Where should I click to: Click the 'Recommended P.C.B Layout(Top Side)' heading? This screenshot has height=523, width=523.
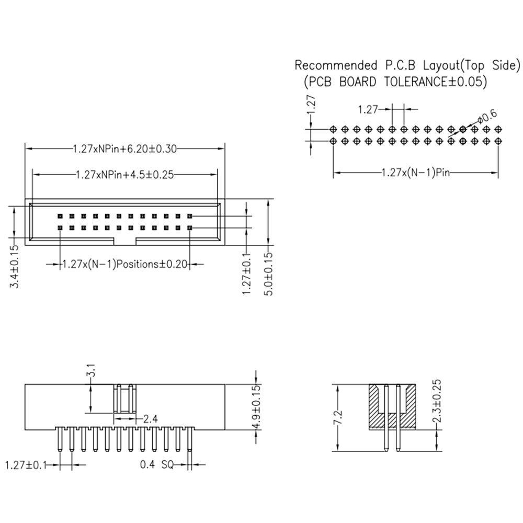[407, 66]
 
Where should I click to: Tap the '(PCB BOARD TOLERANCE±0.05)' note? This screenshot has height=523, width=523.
[395, 82]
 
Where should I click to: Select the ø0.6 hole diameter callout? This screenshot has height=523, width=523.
[486, 116]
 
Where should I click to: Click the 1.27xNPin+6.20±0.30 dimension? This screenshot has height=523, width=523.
[124, 149]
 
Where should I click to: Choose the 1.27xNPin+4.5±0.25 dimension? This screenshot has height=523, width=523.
[124, 174]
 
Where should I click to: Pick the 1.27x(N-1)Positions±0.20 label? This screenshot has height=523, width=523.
[124, 265]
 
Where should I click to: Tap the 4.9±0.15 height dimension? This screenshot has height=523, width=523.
[256, 407]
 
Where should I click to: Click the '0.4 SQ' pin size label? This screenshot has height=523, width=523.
[157, 464]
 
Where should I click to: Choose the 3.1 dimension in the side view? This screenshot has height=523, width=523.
[91, 373]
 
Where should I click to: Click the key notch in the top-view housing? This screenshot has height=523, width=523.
[124, 241]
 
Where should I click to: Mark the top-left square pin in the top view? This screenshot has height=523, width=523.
[60, 216]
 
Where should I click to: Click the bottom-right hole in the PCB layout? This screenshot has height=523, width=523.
[498, 141]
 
